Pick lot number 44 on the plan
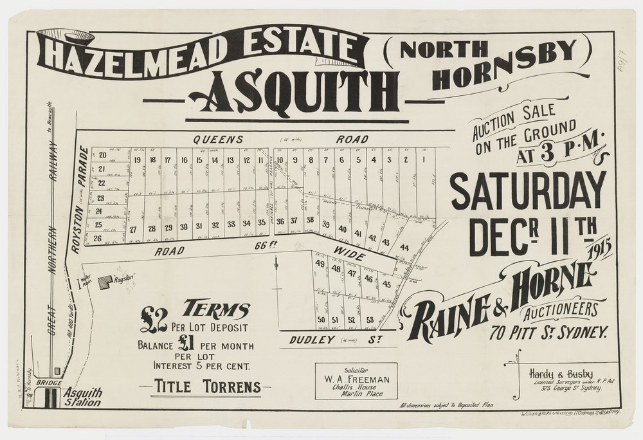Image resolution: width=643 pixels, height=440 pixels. [x=404, y=248]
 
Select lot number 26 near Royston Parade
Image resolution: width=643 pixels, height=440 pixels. [x=98, y=239]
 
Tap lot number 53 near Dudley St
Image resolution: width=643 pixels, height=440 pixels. [x=370, y=320]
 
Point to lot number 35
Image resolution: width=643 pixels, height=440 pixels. [x=262, y=223]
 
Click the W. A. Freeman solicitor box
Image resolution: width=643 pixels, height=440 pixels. [x=356, y=381]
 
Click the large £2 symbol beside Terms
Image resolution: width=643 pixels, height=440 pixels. [x=154, y=318]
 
